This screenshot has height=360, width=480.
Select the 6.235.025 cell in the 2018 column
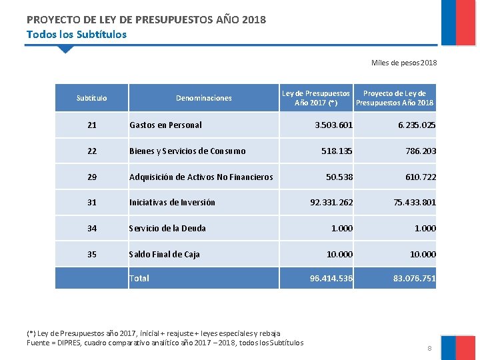click(417, 125)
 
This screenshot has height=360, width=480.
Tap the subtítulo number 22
click(92, 151)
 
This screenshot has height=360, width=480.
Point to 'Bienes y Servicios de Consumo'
click(187, 151)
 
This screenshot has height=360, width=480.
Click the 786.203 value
click(421, 151)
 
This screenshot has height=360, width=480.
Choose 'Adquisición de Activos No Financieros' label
click(201, 177)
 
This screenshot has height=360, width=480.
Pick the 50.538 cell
click(339, 177)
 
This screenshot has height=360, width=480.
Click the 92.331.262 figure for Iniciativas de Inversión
click(331, 203)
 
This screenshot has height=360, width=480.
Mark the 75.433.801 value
click(415, 203)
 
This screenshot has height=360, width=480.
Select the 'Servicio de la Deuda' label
click(167, 229)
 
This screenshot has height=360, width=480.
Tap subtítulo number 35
click(92, 254)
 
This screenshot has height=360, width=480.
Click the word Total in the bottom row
click(139, 279)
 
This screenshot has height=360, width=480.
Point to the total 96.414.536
click(331, 279)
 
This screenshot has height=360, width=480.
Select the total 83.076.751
click(415, 279)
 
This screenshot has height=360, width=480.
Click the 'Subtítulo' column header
click(92, 98)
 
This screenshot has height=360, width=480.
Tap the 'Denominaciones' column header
click(204, 98)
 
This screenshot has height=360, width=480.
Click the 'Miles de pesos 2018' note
click(404, 63)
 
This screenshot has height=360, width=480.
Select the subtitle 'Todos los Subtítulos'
click(76, 34)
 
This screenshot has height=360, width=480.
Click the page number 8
click(429, 348)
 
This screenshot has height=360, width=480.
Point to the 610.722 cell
click(421, 177)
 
